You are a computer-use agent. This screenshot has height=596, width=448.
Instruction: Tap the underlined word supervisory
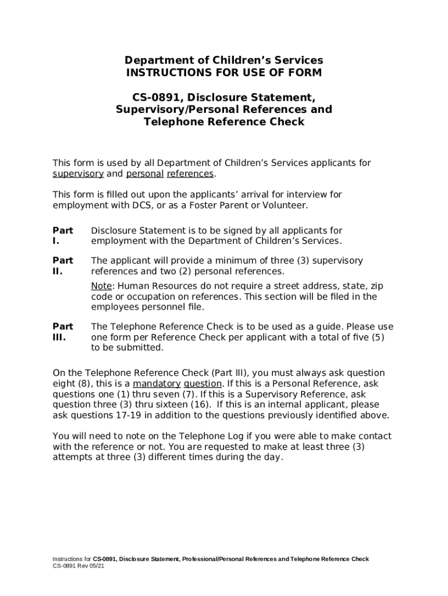(x=78, y=174)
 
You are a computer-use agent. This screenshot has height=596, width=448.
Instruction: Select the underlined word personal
(x=145, y=174)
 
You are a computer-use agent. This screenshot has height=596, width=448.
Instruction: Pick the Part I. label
(x=62, y=236)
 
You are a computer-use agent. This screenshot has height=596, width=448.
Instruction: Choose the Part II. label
(x=62, y=266)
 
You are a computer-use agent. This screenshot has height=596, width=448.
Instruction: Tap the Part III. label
(x=62, y=332)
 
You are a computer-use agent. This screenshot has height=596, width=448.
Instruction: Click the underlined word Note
(x=101, y=286)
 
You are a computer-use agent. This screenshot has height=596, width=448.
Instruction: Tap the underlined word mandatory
(x=157, y=384)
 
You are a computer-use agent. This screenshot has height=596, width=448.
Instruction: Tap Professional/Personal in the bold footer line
(x=214, y=559)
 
